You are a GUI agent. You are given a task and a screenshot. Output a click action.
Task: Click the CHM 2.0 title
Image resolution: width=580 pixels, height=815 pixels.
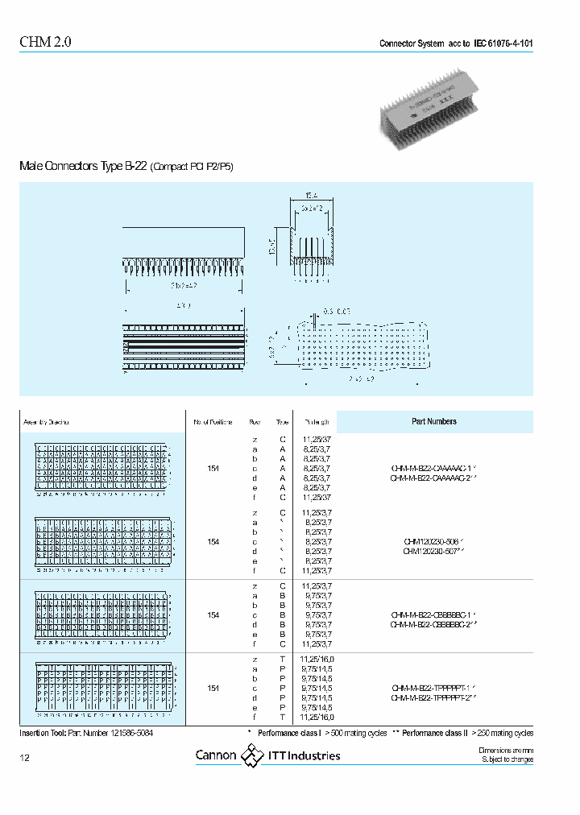pyautogui.click(x=45, y=43)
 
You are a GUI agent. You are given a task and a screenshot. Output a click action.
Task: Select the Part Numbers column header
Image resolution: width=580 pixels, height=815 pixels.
pyautogui.click(x=433, y=421)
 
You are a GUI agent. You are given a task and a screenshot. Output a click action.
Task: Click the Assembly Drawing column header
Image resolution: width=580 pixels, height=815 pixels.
pyautogui.click(x=46, y=422)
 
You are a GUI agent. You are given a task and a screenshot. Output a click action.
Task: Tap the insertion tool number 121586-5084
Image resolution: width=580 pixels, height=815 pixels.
pyautogui.click(x=122, y=734)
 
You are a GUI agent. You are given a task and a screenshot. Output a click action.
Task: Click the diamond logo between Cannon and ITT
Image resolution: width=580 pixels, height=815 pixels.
pyautogui.click(x=253, y=755)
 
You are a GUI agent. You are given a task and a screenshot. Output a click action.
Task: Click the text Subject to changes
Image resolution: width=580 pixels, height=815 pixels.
pyautogui.click(x=507, y=759)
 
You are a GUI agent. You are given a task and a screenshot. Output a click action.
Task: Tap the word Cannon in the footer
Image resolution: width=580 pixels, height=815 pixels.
pyautogui.click(x=216, y=755)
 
